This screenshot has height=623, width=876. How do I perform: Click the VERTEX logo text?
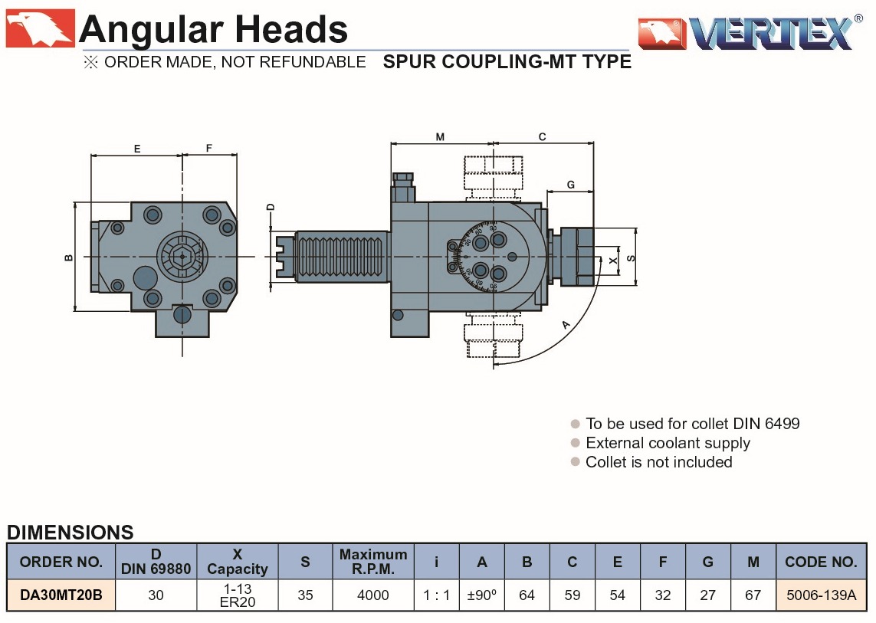[x=770, y=33]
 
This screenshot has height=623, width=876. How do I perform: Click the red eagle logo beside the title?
[x=40, y=28]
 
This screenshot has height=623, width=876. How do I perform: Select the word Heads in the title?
[x=292, y=30]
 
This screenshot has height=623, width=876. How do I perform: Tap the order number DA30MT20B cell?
[x=61, y=595]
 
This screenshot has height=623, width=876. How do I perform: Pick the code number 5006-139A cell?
[x=821, y=595]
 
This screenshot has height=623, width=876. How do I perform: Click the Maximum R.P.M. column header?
[x=373, y=562]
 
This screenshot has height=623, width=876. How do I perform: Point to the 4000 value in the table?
[x=373, y=595]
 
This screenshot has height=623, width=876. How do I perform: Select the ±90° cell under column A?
[x=481, y=595]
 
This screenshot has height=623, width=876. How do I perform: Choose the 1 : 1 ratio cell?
[x=436, y=595]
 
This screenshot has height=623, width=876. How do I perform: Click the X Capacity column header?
[x=238, y=562]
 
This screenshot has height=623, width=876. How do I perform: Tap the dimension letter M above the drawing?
[x=440, y=137]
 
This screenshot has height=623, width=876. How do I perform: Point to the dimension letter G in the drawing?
[x=571, y=185]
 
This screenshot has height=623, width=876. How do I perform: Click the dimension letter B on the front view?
[x=69, y=257]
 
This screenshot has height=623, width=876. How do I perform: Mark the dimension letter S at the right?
[x=631, y=258]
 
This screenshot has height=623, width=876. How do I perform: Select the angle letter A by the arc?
[x=566, y=325]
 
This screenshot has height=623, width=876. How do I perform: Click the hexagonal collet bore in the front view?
[x=182, y=256]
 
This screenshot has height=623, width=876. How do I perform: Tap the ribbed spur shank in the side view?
[x=342, y=256]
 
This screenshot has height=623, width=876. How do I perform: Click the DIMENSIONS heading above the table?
[x=70, y=533]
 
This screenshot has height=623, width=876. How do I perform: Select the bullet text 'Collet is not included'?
[x=658, y=462]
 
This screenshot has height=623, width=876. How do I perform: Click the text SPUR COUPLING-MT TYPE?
[x=507, y=62]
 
